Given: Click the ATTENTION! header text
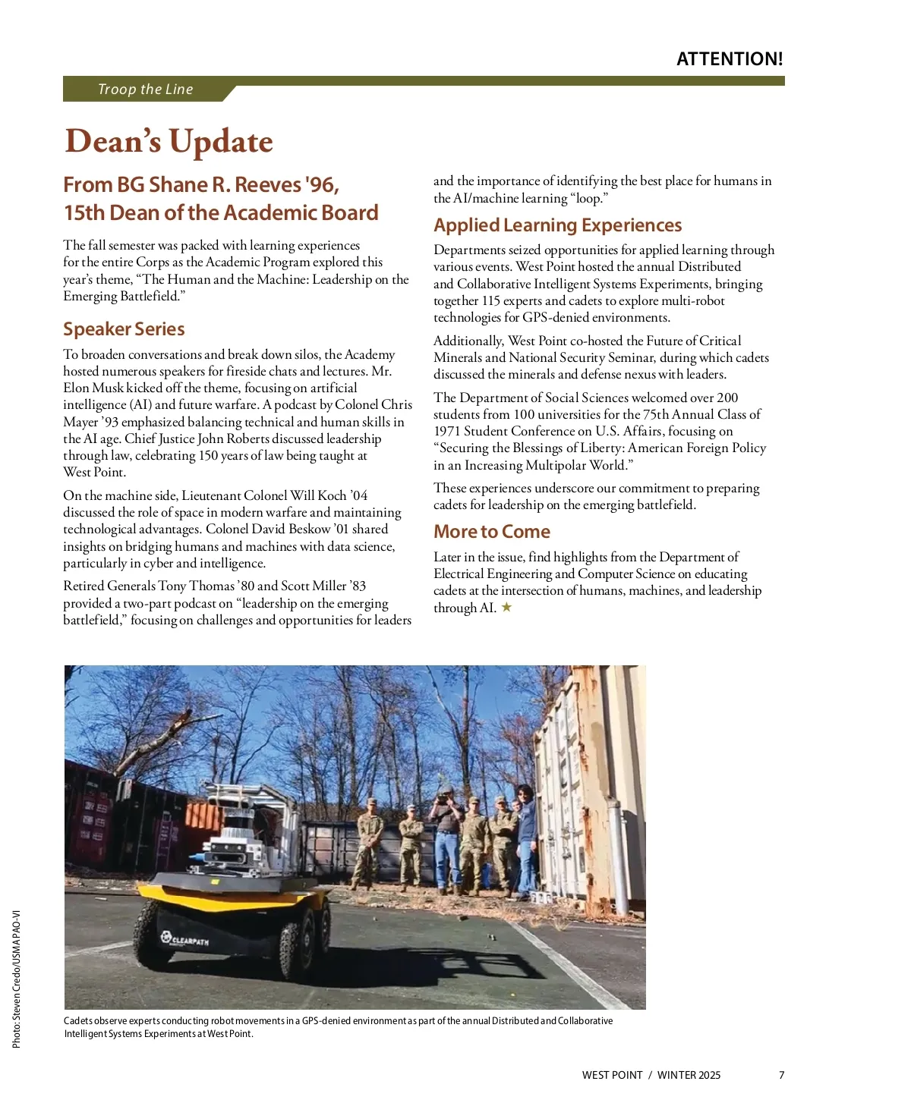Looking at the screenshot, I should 729,59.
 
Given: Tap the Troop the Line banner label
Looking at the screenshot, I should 145,90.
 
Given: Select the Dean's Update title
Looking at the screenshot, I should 169,142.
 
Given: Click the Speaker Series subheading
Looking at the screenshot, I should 124,329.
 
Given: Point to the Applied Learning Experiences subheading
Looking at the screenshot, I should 557,225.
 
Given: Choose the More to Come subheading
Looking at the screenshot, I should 491,532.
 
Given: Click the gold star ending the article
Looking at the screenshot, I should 506,607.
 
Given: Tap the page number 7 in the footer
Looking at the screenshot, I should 781,1075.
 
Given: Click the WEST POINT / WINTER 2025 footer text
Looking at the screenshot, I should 651,1075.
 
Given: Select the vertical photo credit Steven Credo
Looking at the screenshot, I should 16,979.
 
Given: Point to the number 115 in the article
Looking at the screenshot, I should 491,300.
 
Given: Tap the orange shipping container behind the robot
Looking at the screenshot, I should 203,818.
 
